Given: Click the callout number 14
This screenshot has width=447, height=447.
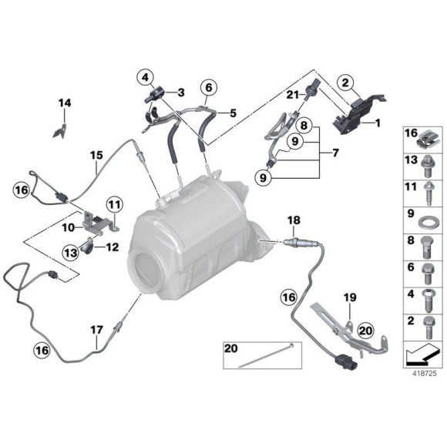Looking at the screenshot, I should (x=65, y=103).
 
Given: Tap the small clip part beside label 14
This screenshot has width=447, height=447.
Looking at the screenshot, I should (x=58, y=129).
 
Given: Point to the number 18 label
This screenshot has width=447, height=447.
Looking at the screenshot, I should (x=293, y=220).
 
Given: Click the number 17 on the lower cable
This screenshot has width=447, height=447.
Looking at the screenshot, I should (x=95, y=329).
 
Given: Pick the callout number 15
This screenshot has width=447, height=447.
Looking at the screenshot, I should (x=94, y=155).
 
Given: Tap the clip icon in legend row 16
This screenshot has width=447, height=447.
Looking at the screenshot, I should (x=426, y=140).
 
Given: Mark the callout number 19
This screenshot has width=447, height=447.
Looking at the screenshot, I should (x=349, y=297).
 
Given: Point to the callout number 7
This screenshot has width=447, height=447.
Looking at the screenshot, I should (x=334, y=153).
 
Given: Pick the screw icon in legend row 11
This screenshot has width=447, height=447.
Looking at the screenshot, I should (x=426, y=190).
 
